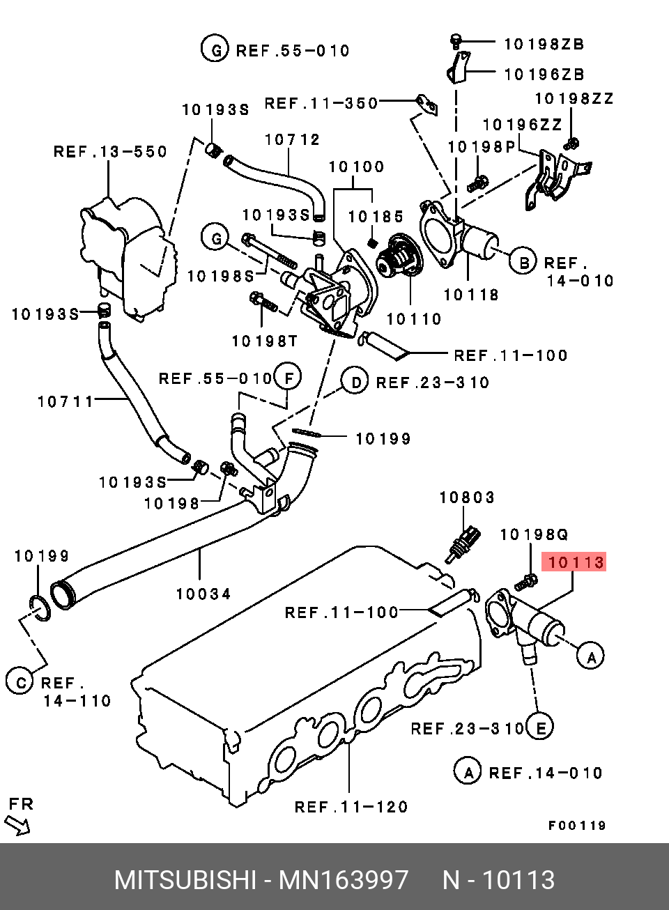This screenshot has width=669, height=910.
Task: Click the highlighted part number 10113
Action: coord(576,562)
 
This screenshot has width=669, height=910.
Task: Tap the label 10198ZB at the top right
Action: coord(544,44)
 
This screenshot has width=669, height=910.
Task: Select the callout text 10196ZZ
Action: coord(522,125)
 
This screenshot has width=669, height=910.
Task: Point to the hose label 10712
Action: coord(292,140)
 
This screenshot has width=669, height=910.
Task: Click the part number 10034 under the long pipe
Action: coord(203,594)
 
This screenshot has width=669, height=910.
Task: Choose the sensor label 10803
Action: coord(467,498)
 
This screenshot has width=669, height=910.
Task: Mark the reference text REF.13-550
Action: coord(110,152)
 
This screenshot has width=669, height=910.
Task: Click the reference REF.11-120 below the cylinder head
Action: coord(351,807)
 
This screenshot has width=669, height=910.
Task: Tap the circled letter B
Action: coord(523,262)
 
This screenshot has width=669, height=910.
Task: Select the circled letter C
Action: coord(21,682)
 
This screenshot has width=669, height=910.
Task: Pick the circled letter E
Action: coord(539,727)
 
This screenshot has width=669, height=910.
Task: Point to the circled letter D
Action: coord(355,382)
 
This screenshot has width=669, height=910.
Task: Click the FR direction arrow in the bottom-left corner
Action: coord(17,826)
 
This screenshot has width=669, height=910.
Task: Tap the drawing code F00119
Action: coord(577,826)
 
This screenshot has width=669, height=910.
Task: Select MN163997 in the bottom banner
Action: coord(344,880)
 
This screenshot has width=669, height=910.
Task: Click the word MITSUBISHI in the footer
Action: coord(185,880)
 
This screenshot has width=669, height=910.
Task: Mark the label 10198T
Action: coord(264,341)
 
